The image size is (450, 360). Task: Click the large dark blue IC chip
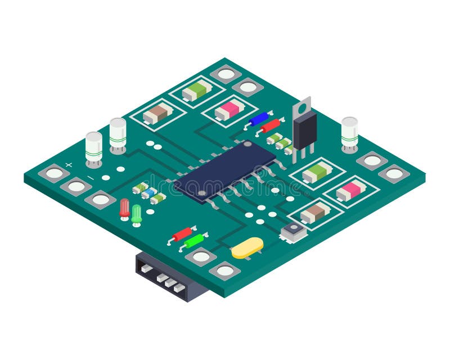(225, 168)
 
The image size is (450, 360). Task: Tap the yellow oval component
(247, 247)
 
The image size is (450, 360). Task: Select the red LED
(124, 208)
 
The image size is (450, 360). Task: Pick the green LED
(137, 214)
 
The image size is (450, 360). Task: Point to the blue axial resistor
(259, 119)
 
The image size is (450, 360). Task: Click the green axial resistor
(193, 241)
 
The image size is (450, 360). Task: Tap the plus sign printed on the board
(69, 165)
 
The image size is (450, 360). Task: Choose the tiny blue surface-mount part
(149, 193)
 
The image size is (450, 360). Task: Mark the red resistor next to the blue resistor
(271, 125)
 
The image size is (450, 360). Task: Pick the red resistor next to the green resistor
(182, 233)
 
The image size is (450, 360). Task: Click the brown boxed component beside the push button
(315, 213)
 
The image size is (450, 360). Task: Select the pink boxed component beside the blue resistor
(230, 109)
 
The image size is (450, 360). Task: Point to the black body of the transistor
(304, 129)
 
